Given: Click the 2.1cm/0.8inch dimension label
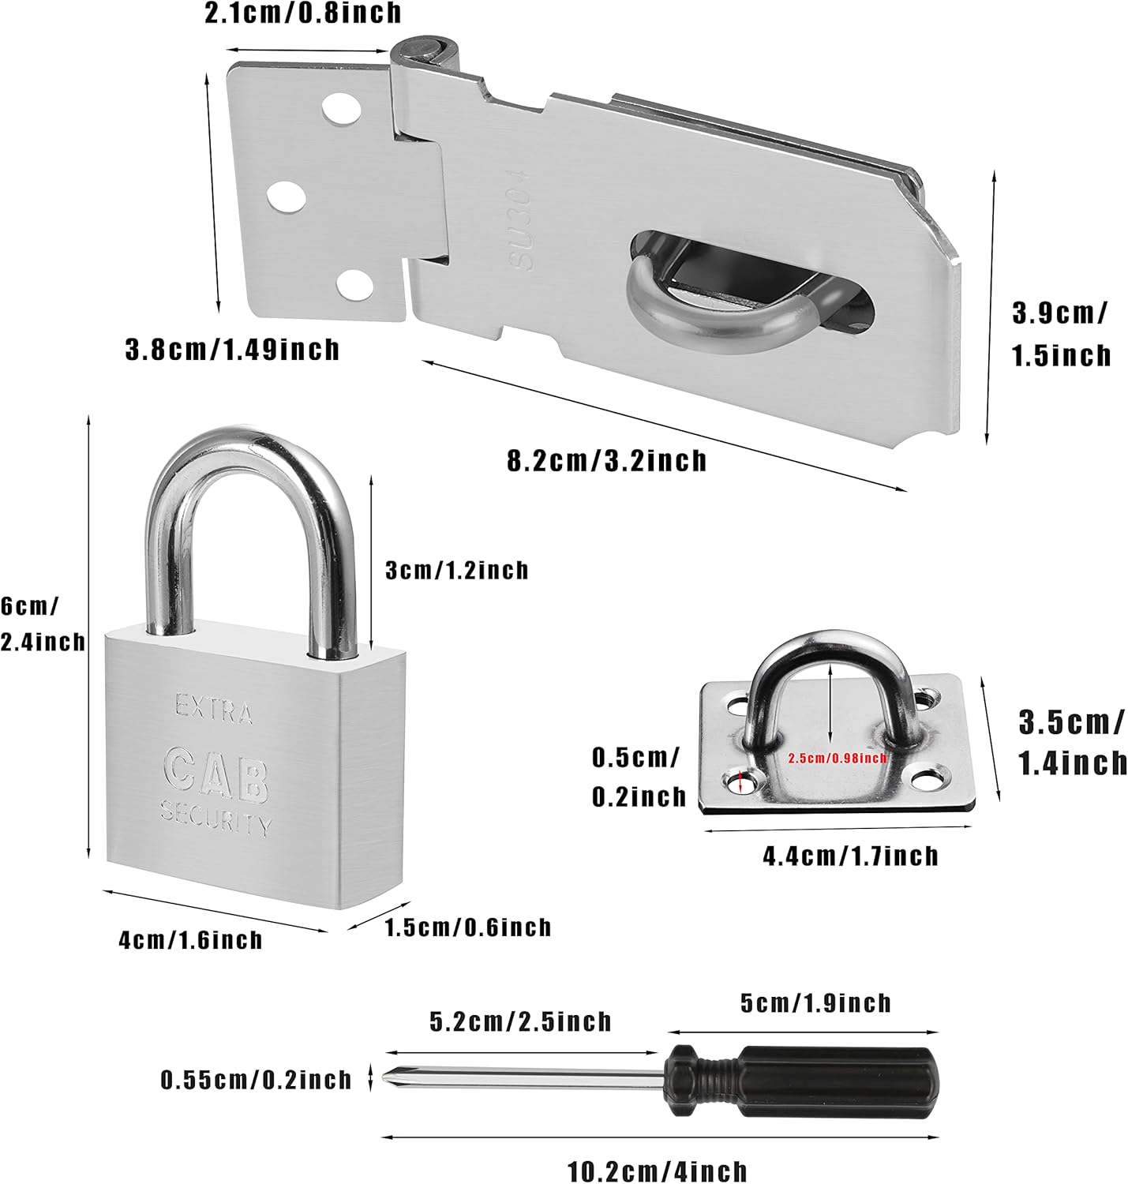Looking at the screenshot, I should click(302, 13).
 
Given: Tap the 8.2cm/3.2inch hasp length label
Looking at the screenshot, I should click(606, 460).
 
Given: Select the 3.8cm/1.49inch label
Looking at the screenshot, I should click(232, 349).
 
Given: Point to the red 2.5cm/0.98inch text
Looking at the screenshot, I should click(838, 759).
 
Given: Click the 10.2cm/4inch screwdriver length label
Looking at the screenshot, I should click(658, 1171).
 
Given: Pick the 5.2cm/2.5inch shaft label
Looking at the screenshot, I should click(520, 1021).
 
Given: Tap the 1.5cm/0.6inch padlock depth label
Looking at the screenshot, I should click(467, 927).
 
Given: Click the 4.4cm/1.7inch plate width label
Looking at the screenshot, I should click(850, 856).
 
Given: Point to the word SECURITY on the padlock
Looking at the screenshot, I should click(215, 818).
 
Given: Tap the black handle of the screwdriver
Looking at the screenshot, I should click(837, 1081).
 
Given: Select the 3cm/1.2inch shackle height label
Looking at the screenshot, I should click(456, 570).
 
